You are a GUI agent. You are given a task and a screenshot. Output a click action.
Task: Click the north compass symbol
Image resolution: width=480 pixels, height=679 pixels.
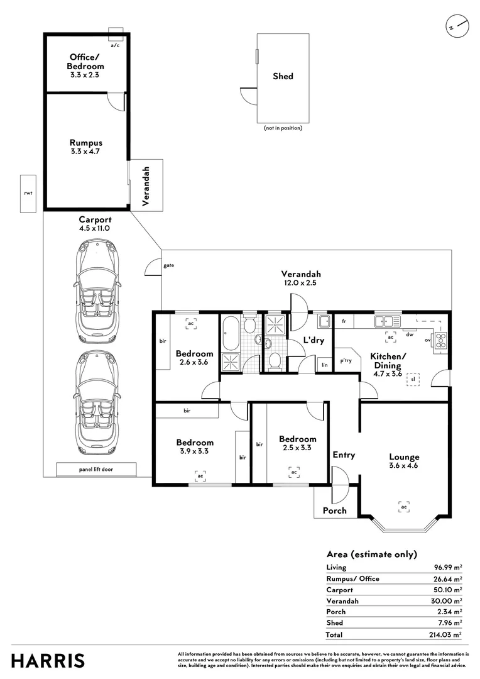(x=457, y=26)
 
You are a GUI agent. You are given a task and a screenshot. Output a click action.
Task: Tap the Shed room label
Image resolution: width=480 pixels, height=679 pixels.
(x=283, y=76)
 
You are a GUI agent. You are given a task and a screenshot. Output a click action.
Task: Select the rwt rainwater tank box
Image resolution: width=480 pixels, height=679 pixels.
(x=28, y=194)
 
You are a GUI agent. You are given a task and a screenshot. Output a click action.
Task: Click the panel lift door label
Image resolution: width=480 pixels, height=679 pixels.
(x=96, y=469)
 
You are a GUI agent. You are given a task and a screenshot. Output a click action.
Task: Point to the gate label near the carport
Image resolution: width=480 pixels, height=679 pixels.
(x=169, y=265)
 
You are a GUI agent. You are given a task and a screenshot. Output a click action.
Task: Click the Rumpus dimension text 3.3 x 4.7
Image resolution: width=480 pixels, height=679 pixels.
(x=85, y=152)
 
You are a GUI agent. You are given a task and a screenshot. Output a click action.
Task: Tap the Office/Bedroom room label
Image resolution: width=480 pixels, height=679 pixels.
(x=85, y=62)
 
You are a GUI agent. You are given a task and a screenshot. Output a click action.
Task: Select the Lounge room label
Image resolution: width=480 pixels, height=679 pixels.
(x=404, y=457)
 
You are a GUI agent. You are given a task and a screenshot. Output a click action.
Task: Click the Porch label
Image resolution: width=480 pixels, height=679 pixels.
(x=335, y=511)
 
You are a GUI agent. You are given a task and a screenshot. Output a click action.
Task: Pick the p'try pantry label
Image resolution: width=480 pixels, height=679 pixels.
(x=346, y=360)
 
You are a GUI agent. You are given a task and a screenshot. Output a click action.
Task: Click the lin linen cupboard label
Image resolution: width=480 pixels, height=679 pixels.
(x=325, y=365)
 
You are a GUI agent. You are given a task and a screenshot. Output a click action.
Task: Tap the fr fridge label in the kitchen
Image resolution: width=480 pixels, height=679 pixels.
(x=344, y=321)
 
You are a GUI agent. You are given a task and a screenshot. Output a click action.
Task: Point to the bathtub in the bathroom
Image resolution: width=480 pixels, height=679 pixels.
(x=230, y=333)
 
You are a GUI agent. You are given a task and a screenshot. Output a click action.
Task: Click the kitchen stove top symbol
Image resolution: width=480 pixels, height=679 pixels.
(x=441, y=339)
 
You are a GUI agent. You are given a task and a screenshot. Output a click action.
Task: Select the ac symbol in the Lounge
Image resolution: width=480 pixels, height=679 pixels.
(x=404, y=507)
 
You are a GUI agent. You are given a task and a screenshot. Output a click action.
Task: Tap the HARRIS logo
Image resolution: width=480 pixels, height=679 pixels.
(x=48, y=661)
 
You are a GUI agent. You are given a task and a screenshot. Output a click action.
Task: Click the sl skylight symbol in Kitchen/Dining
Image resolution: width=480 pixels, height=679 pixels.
(x=413, y=379)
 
